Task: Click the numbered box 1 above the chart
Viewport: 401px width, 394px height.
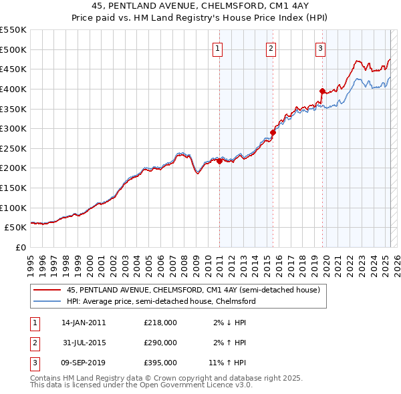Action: pyautogui.click(x=219, y=47)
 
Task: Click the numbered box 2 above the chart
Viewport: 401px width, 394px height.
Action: pyautogui.click(x=271, y=47)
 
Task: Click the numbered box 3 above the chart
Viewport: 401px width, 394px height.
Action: pyautogui.click(x=321, y=47)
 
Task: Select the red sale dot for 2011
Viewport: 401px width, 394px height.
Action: pyautogui.click(x=220, y=161)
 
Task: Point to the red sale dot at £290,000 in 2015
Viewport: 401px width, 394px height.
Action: pyautogui.click(x=273, y=132)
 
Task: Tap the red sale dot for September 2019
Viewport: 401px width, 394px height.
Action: pyautogui.click(x=322, y=91)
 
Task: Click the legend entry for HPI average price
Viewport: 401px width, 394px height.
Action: pyautogui.click(x=161, y=301)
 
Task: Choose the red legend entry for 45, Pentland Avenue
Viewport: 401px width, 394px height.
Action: pyautogui.click(x=194, y=290)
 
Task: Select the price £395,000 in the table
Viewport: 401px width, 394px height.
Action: pyautogui.click(x=160, y=363)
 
